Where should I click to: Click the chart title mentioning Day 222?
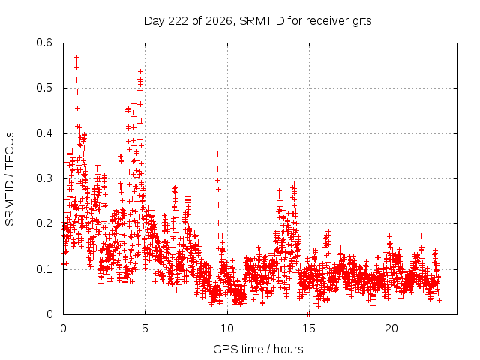(x=258, y=21)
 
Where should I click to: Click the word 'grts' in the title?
(x=361, y=22)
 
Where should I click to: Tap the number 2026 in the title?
(x=219, y=21)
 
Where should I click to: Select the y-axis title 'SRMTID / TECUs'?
(x=10, y=179)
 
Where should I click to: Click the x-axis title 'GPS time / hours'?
(x=258, y=349)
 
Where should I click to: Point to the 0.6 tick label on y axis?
(x=44, y=43)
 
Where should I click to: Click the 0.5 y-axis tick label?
(x=44, y=88)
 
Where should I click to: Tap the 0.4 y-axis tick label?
(x=44, y=133)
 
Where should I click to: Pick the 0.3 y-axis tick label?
(x=44, y=178)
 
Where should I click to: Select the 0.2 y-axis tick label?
(x=44, y=223)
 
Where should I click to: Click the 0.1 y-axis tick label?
(x=44, y=269)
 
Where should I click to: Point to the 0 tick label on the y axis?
(x=49, y=314)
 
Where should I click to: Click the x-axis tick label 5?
(x=145, y=328)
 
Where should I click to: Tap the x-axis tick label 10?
(x=226, y=328)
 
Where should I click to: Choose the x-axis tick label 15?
(x=309, y=328)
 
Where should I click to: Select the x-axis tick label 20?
(x=391, y=328)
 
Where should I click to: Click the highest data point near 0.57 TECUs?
(x=76, y=57)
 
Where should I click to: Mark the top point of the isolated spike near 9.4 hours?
(x=217, y=154)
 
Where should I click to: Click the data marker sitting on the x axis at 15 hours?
(x=308, y=314)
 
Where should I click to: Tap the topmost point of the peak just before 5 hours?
(x=140, y=72)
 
